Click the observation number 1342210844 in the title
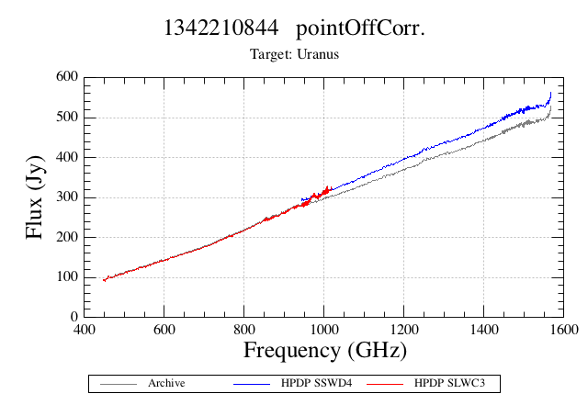(x=221, y=28)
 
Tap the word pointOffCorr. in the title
(x=360, y=28)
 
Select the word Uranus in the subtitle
(x=318, y=54)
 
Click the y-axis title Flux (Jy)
(x=35, y=197)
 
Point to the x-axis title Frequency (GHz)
(x=325, y=352)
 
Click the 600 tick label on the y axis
(x=67, y=76)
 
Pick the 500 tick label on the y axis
(x=67, y=117)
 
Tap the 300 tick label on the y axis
(x=67, y=197)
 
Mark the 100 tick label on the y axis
(x=67, y=276)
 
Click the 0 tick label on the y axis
(x=74, y=317)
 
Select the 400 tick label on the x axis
(x=84, y=330)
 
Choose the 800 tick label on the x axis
(x=244, y=330)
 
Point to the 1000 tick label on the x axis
(x=323, y=330)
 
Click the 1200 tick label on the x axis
(x=404, y=330)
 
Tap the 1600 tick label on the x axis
(x=563, y=330)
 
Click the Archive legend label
(x=166, y=383)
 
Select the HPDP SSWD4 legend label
(x=316, y=383)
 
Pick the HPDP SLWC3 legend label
(x=449, y=383)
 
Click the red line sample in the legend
(x=385, y=384)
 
